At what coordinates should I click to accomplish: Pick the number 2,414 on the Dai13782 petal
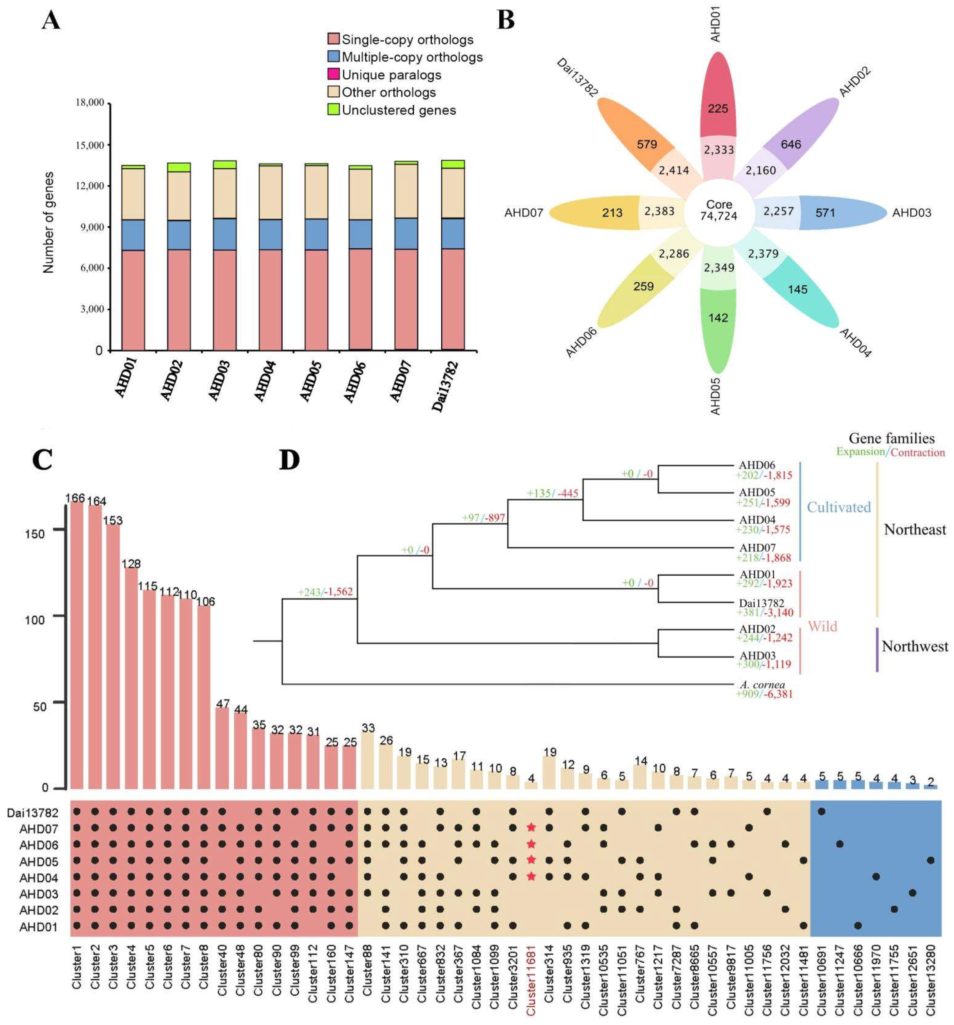(x=674, y=170)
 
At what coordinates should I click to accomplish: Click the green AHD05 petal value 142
(x=718, y=318)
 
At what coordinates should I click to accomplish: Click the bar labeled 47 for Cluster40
(x=222, y=748)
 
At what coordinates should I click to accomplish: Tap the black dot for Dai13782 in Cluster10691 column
(x=821, y=811)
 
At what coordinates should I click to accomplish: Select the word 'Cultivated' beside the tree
(x=839, y=507)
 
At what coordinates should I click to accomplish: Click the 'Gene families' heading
(x=891, y=438)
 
